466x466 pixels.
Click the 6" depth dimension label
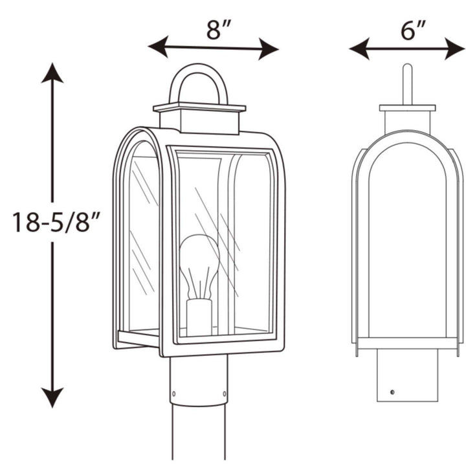coord(412,30)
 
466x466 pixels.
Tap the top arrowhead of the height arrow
coord(52,72)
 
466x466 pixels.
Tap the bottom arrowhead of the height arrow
coord(52,397)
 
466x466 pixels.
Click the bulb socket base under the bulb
coord(199,316)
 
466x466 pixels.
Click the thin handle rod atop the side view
coord(407,83)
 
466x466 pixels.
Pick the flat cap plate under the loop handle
coord(199,107)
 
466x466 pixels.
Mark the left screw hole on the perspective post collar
coord(173,392)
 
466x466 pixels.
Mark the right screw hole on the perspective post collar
coord(224,392)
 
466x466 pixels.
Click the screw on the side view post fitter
coord(392,392)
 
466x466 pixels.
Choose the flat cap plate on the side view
coord(407,107)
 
